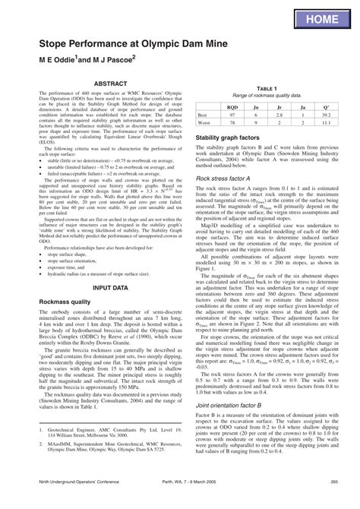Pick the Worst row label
point(204,122)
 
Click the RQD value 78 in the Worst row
point(233,122)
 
